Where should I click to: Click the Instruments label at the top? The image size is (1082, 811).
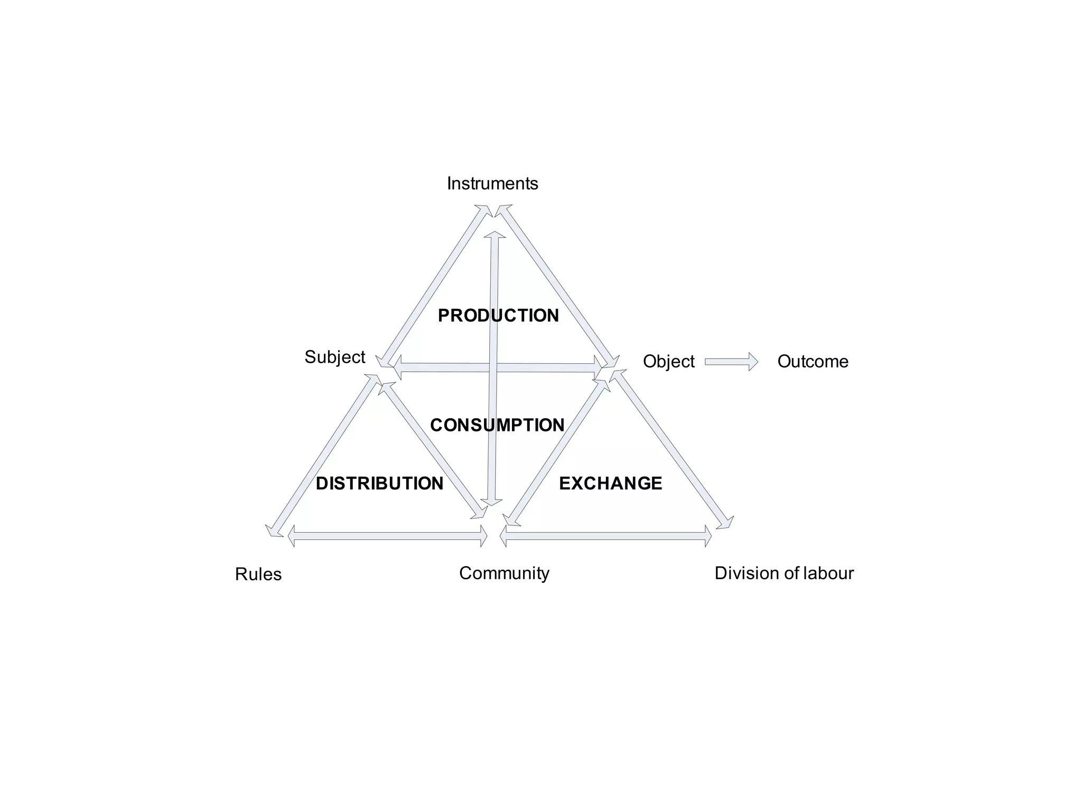tap(492, 183)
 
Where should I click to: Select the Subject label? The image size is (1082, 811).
tap(334, 357)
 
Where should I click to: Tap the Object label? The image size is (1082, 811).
tap(668, 361)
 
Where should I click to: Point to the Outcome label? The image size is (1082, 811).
tap(813, 361)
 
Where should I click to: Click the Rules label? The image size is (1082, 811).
tap(258, 574)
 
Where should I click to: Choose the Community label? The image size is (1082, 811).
tap(504, 573)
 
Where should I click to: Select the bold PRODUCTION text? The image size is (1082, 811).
tap(498, 315)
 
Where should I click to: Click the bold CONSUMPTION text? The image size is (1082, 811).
tap(497, 425)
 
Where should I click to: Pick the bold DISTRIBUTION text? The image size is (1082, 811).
tap(379, 483)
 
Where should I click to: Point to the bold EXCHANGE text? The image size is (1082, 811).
tap(610, 483)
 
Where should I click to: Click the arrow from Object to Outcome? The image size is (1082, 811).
tap(731, 362)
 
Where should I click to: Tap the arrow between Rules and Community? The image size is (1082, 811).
tap(387, 536)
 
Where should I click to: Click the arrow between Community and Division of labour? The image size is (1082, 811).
tap(605, 536)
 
